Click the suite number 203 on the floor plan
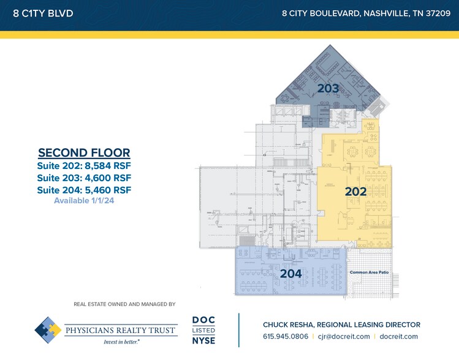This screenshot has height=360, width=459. point(328,89)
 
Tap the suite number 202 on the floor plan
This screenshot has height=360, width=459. point(355,192)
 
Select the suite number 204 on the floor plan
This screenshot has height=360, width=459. point(290,274)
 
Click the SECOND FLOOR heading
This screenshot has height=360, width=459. point(84,153)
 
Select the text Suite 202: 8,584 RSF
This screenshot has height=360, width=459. point(84,166)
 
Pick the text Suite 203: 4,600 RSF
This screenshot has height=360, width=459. point(84,178)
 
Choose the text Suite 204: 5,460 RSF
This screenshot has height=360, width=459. point(84,190)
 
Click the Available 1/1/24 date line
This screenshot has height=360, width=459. point(84,201)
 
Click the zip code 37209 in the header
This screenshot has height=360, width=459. point(434,13)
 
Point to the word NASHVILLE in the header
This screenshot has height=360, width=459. point(379,13)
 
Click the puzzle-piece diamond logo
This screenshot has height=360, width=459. point(48,329)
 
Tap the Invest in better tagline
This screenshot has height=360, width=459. point(121,341)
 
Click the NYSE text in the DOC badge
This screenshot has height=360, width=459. point(203,340)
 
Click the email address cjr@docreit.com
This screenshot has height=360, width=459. point(346,336)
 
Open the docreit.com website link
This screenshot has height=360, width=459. point(399,336)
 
